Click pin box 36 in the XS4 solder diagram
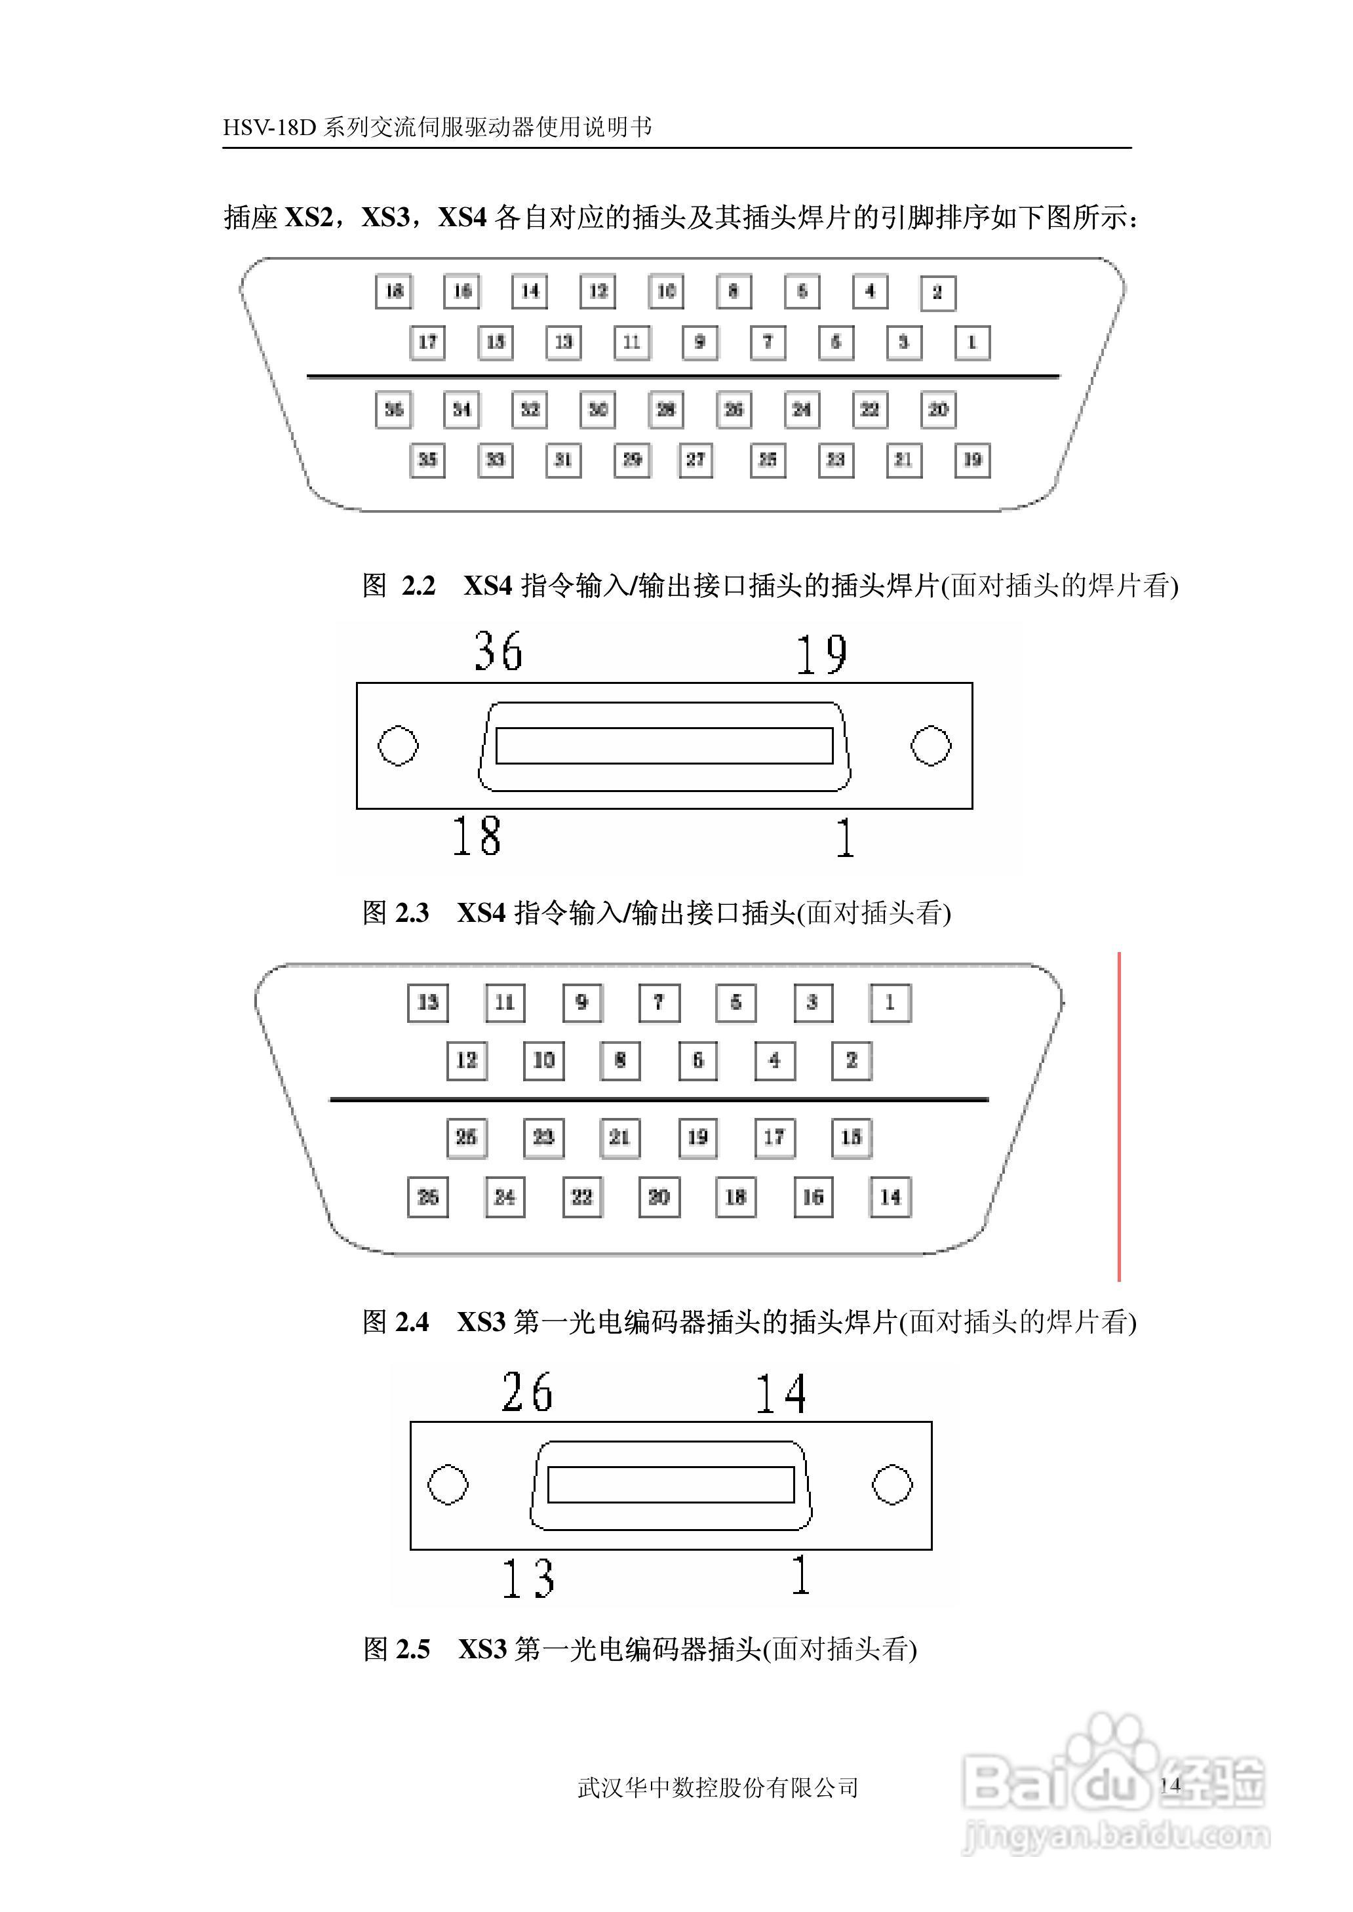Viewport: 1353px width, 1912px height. coord(393,410)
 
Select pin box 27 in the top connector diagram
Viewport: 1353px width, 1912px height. coord(696,460)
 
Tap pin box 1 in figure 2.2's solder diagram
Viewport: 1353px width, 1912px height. coord(971,342)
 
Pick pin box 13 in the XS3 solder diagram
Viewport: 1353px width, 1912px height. coord(428,1003)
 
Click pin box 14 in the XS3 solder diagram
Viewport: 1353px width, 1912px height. coord(890,1197)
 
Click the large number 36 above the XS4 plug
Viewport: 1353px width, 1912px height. coord(498,652)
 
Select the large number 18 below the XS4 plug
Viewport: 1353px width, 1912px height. coord(477,837)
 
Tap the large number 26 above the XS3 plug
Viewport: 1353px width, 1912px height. coord(526,1392)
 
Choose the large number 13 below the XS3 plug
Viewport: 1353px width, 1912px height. coord(528,1577)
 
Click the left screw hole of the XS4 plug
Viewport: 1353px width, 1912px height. coord(399,746)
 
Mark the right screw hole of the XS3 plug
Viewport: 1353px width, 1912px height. coord(892,1484)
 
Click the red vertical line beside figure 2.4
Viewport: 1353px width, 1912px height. coord(1119,1117)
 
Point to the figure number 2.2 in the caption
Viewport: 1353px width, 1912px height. coord(418,586)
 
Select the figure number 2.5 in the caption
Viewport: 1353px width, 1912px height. coord(412,1648)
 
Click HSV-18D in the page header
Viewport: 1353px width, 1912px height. coord(270,127)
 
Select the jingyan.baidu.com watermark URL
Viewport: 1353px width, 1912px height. coord(1116,1833)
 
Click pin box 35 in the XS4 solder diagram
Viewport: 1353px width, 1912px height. coord(427,460)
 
